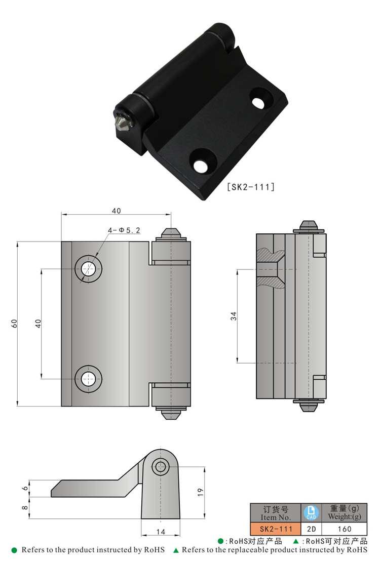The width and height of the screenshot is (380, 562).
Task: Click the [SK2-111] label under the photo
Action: pyautogui.click(x=251, y=187)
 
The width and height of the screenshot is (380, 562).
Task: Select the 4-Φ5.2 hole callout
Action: pyautogui.click(x=124, y=230)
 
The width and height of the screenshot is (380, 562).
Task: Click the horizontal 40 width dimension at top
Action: pyautogui.click(x=116, y=211)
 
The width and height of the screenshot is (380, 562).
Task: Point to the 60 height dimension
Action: pyautogui.click(x=15, y=324)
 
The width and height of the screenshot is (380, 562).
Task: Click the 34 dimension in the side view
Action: pyautogui.click(x=234, y=316)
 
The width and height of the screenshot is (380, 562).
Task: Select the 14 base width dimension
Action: pyautogui.click(x=160, y=531)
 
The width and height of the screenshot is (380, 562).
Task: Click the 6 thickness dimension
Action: pyautogui.click(x=25, y=489)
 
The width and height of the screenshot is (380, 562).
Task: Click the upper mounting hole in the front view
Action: pyautogui.click(x=89, y=268)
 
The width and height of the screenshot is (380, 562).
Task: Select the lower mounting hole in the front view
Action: pyautogui.click(x=89, y=378)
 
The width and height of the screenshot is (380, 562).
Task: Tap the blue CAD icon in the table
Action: pyautogui.click(x=311, y=512)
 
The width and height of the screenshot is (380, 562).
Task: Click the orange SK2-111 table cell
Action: pyautogui.click(x=276, y=529)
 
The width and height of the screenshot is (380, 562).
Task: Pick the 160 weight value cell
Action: pyautogui.click(x=345, y=529)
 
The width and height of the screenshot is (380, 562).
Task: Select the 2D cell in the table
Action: pyautogui.click(x=311, y=529)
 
